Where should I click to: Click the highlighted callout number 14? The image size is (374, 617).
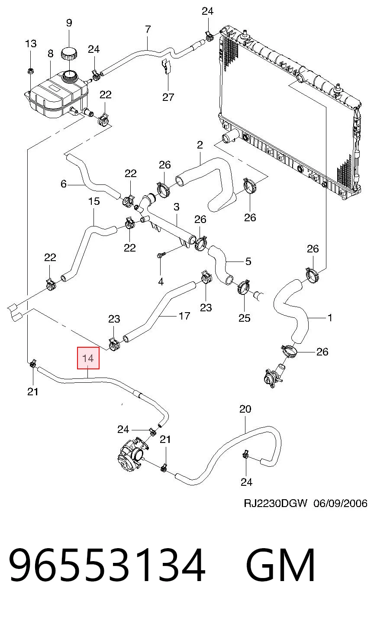88,358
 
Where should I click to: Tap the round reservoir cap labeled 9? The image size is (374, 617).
68,53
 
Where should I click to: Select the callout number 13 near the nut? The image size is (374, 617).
31,44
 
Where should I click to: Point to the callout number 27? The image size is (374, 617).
168,97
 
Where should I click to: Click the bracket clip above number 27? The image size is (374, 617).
167,66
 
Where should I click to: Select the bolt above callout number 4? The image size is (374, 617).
161,255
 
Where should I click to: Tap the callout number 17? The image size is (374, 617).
184,316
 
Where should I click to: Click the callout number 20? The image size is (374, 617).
245,409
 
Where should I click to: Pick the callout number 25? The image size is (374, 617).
244,318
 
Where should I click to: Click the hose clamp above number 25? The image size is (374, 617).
243,287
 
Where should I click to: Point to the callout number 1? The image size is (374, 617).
330,318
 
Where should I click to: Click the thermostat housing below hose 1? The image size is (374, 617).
274,375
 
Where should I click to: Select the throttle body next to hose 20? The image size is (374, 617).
131,455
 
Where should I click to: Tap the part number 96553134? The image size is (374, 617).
107,565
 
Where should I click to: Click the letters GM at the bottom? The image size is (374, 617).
280,565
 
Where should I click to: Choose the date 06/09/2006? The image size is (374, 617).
340,503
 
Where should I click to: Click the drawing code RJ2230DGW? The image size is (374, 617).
275,503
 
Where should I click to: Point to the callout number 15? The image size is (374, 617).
93,201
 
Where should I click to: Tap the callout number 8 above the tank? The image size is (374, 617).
50,53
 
